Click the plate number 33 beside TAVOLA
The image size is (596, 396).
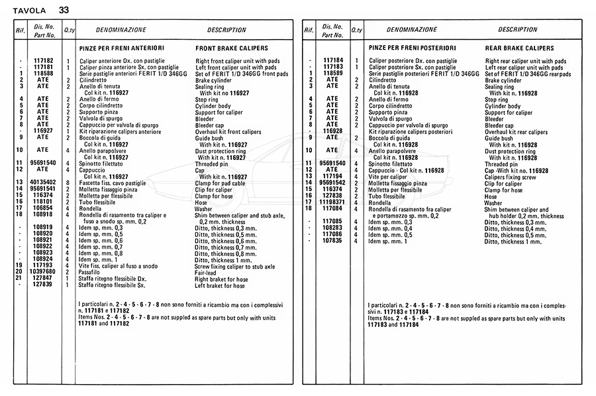click(x=63, y=9)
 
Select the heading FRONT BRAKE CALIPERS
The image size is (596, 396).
click(x=232, y=48)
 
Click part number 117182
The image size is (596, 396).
click(x=43, y=60)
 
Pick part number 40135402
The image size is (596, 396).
click(x=43, y=182)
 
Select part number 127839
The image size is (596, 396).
click(x=43, y=284)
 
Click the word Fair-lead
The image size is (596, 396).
click(x=211, y=271)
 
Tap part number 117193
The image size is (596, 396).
click(x=43, y=265)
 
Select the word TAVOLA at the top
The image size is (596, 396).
click(x=30, y=10)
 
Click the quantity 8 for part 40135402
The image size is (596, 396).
click(x=68, y=182)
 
